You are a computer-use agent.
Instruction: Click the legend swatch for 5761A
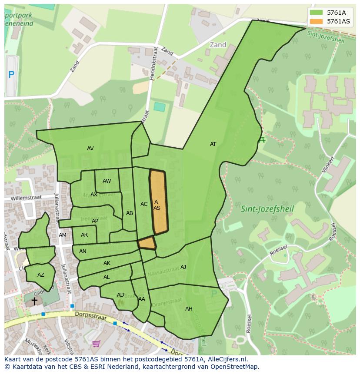point(317,13)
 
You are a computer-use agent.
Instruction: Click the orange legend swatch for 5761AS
point(317,21)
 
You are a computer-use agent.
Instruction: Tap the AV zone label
point(90,149)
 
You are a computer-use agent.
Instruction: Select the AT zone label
point(213,144)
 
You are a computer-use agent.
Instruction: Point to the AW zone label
point(107,181)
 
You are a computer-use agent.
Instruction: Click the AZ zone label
point(41,275)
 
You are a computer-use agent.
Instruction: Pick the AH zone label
point(189,309)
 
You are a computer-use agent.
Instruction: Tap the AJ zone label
point(183,267)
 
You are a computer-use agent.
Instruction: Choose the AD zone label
point(120,295)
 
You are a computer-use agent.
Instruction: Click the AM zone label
point(63,235)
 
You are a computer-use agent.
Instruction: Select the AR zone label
point(84,235)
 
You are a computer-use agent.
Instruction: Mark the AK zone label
point(107,263)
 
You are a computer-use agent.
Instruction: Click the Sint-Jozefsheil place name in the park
point(267,209)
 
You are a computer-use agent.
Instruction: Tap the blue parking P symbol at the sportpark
point(11,75)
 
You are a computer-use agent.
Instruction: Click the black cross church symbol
point(34,301)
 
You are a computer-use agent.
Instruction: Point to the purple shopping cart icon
point(96,344)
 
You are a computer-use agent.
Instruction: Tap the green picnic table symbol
point(262,140)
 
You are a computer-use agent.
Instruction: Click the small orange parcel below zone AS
point(147,243)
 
